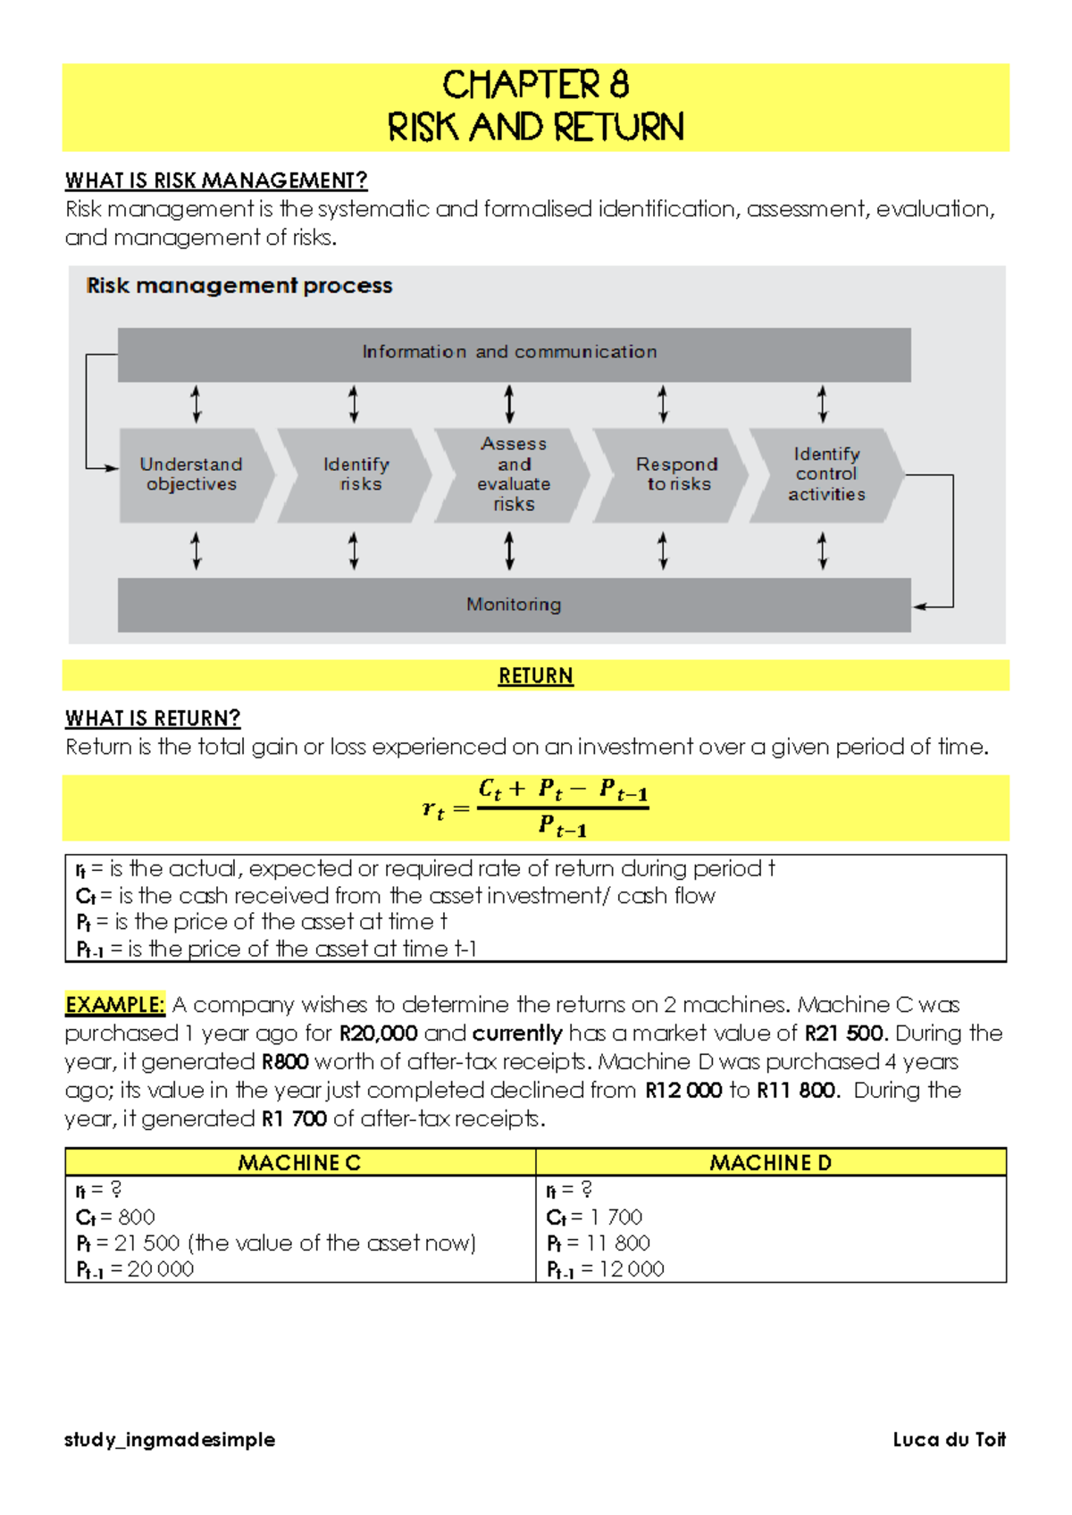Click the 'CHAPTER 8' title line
[535, 85]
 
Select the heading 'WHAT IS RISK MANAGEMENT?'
[216, 180]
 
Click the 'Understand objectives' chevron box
[192, 474]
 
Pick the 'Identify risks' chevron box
[356, 474]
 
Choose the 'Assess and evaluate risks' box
[513, 474]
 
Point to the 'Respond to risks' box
[676, 474]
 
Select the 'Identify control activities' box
[825, 474]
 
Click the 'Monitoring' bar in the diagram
[514, 605]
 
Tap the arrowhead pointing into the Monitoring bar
[919, 607]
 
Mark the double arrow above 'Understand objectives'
[197, 404]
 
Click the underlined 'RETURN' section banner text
[535, 676]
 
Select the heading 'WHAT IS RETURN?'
[153, 718]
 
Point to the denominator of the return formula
[563, 827]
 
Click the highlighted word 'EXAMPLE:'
[114, 1005]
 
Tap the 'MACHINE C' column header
[299, 1162]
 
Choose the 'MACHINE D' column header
[770, 1162]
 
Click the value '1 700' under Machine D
[616, 1217]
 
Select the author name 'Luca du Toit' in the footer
[949, 1439]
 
